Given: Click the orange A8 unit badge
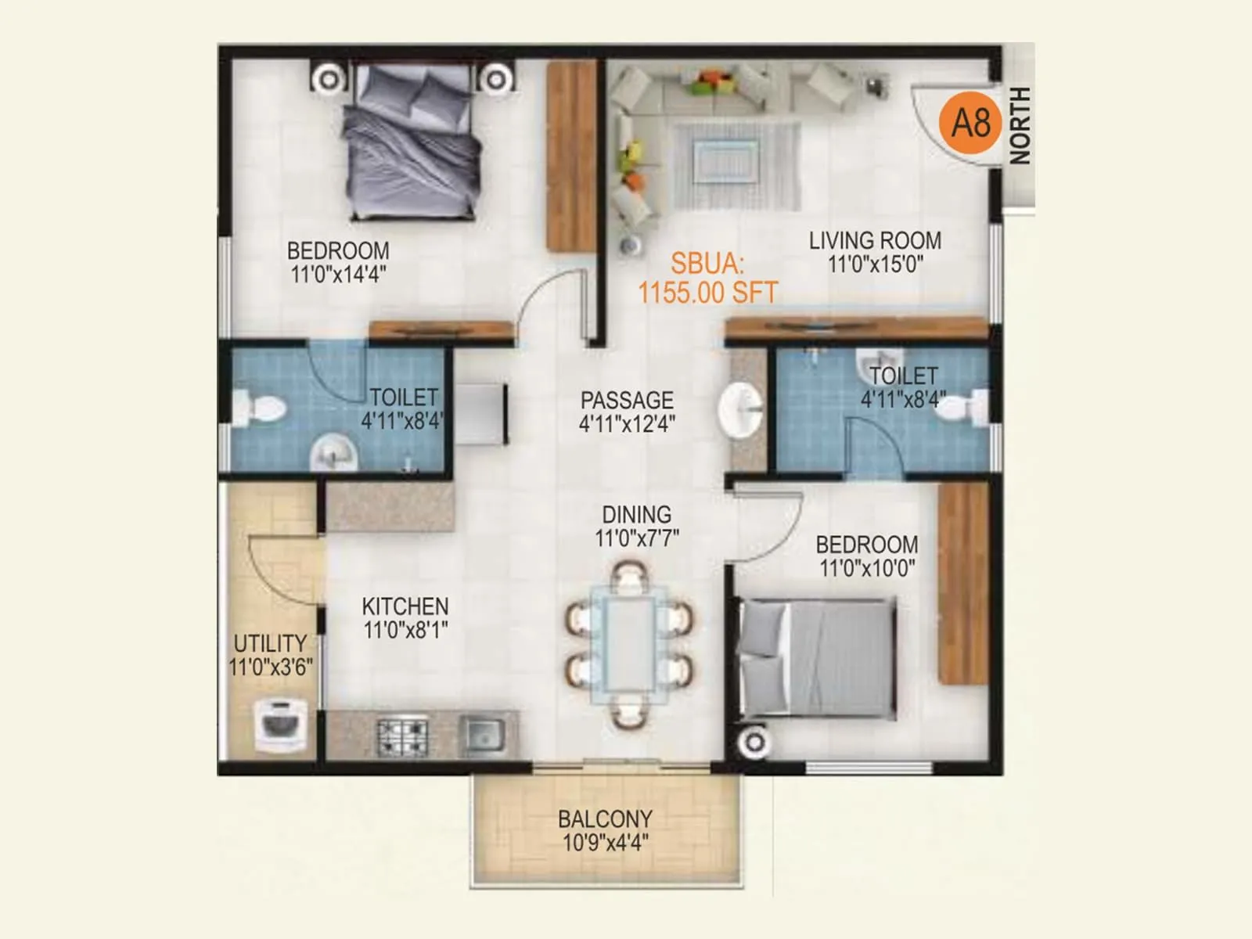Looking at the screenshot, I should click(x=970, y=123).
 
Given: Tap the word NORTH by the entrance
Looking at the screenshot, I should click(x=1020, y=125).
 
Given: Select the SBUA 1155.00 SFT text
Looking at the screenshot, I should click(x=707, y=279).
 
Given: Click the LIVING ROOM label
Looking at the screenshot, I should click(x=875, y=241).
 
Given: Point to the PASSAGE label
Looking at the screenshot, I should click(x=627, y=401).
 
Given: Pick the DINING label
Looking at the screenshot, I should click(x=636, y=515).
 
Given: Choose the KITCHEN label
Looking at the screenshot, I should click(x=405, y=606).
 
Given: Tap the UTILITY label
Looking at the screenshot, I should click(x=270, y=643).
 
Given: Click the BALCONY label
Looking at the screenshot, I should click(x=605, y=819).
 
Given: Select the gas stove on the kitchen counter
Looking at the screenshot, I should click(x=403, y=735).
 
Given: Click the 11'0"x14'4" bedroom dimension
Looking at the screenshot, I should click(x=338, y=275).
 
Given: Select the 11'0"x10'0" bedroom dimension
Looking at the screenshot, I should click(x=867, y=568).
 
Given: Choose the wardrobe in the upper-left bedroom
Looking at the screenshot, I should click(x=572, y=156).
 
